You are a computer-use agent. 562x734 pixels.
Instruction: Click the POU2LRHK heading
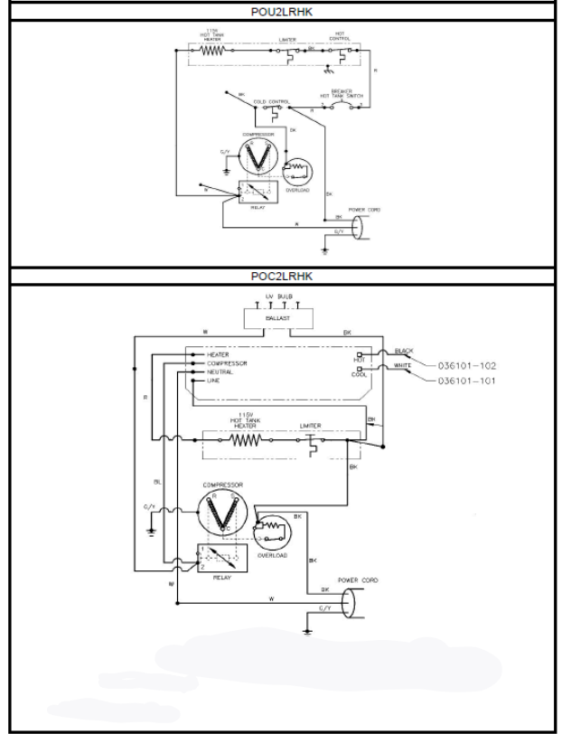pyautogui.click(x=281, y=13)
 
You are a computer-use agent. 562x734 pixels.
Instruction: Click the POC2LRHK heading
pyautogui.click(x=281, y=276)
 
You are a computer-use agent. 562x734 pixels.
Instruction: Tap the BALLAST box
pyautogui.click(x=277, y=319)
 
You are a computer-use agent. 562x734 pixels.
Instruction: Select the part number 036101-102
pyautogui.click(x=467, y=366)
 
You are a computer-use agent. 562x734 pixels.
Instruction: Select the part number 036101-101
pyautogui.click(x=467, y=381)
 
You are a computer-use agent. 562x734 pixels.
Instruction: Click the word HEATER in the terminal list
pyautogui.click(x=219, y=354)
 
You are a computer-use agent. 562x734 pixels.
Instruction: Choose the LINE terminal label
pyautogui.click(x=214, y=381)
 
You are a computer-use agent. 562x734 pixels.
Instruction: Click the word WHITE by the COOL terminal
pyautogui.click(x=404, y=365)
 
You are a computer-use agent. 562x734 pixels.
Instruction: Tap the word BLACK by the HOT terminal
pyautogui.click(x=404, y=350)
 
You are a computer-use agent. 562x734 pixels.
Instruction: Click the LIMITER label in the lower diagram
pyautogui.click(x=310, y=426)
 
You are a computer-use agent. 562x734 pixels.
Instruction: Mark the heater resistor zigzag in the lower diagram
pyautogui.click(x=245, y=440)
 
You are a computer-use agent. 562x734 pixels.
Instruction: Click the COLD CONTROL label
pyautogui.click(x=270, y=101)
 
